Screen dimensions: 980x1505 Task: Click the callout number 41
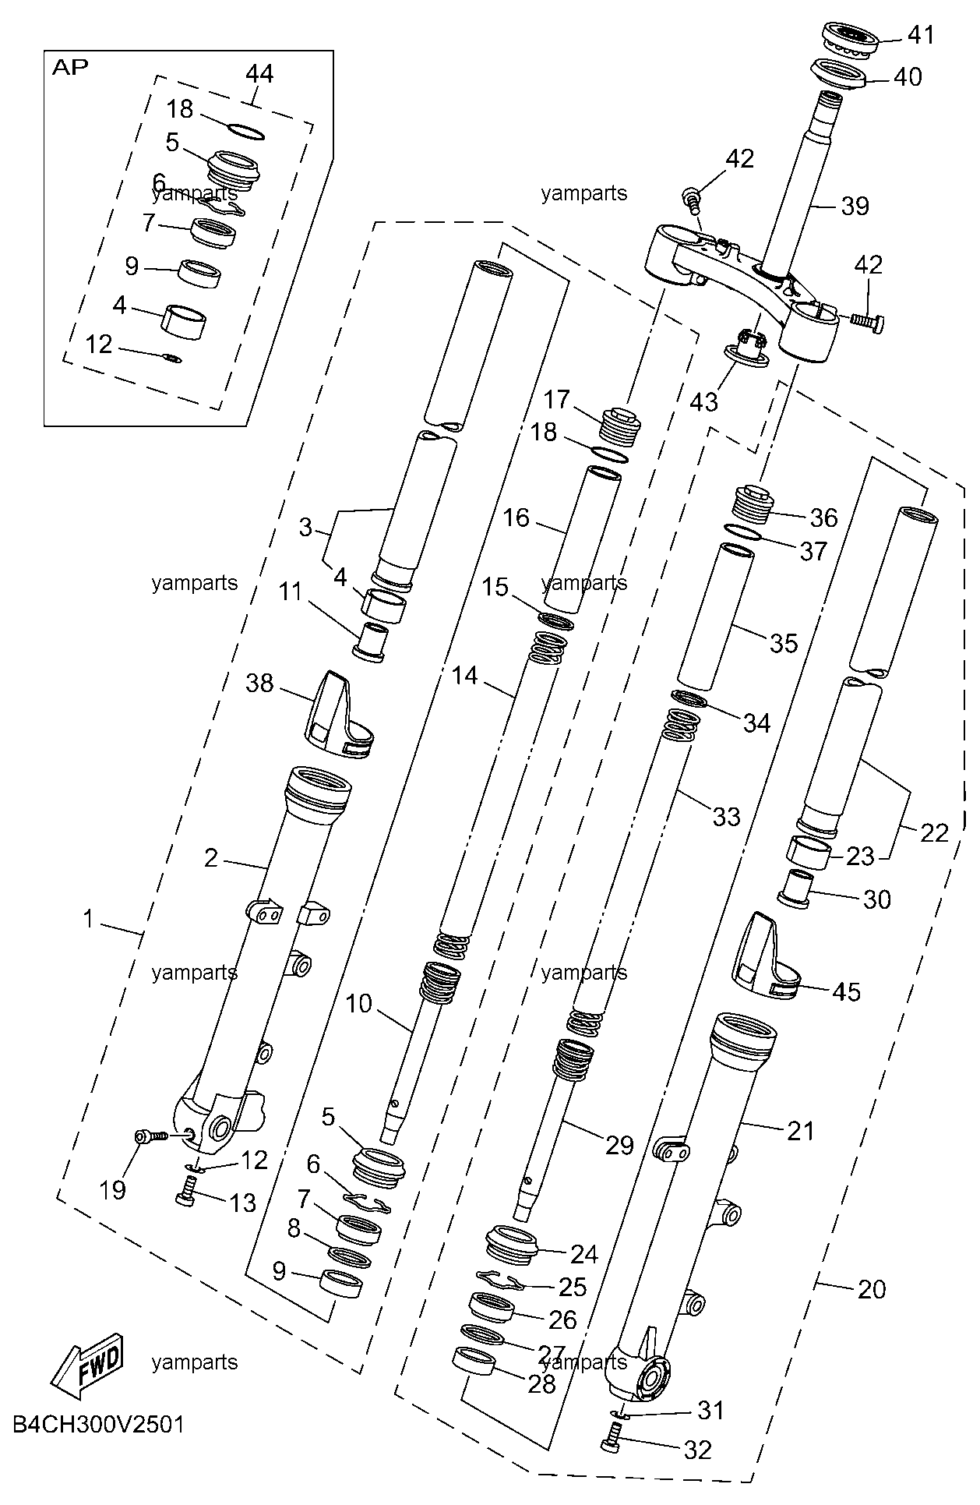click(920, 35)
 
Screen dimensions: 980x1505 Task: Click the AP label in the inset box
click(69, 67)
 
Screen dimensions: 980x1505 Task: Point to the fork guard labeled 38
click(340, 715)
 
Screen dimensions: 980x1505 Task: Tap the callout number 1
click(89, 920)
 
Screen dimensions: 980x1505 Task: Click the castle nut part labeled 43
click(748, 347)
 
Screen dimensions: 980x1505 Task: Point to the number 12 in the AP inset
click(99, 344)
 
